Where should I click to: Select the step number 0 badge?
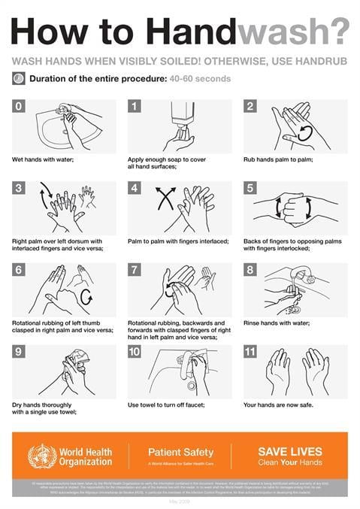(x=19, y=106)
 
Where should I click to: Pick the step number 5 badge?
(x=250, y=188)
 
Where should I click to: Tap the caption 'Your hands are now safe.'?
(x=278, y=404)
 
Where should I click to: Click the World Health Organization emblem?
(x=41, y=455)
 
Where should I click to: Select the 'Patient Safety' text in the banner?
(x=180, y=452)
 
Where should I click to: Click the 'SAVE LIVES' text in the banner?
(x=289, y=451)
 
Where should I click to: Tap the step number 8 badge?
(x=250, y=269)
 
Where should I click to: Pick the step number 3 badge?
(x=19, y=188)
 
